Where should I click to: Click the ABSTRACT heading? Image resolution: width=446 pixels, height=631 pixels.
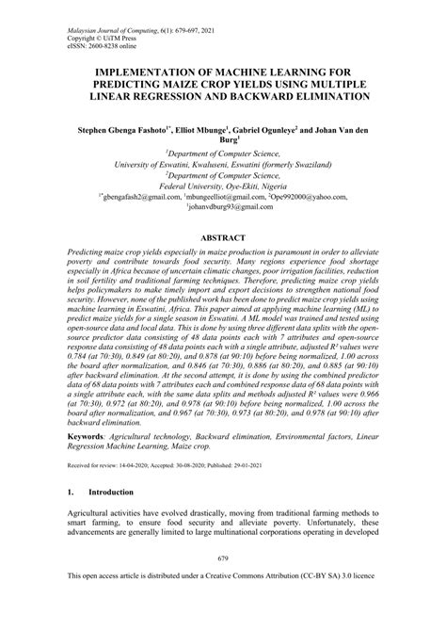tap(223, 239)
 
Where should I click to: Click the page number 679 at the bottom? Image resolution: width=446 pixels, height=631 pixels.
tap(223, 584)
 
